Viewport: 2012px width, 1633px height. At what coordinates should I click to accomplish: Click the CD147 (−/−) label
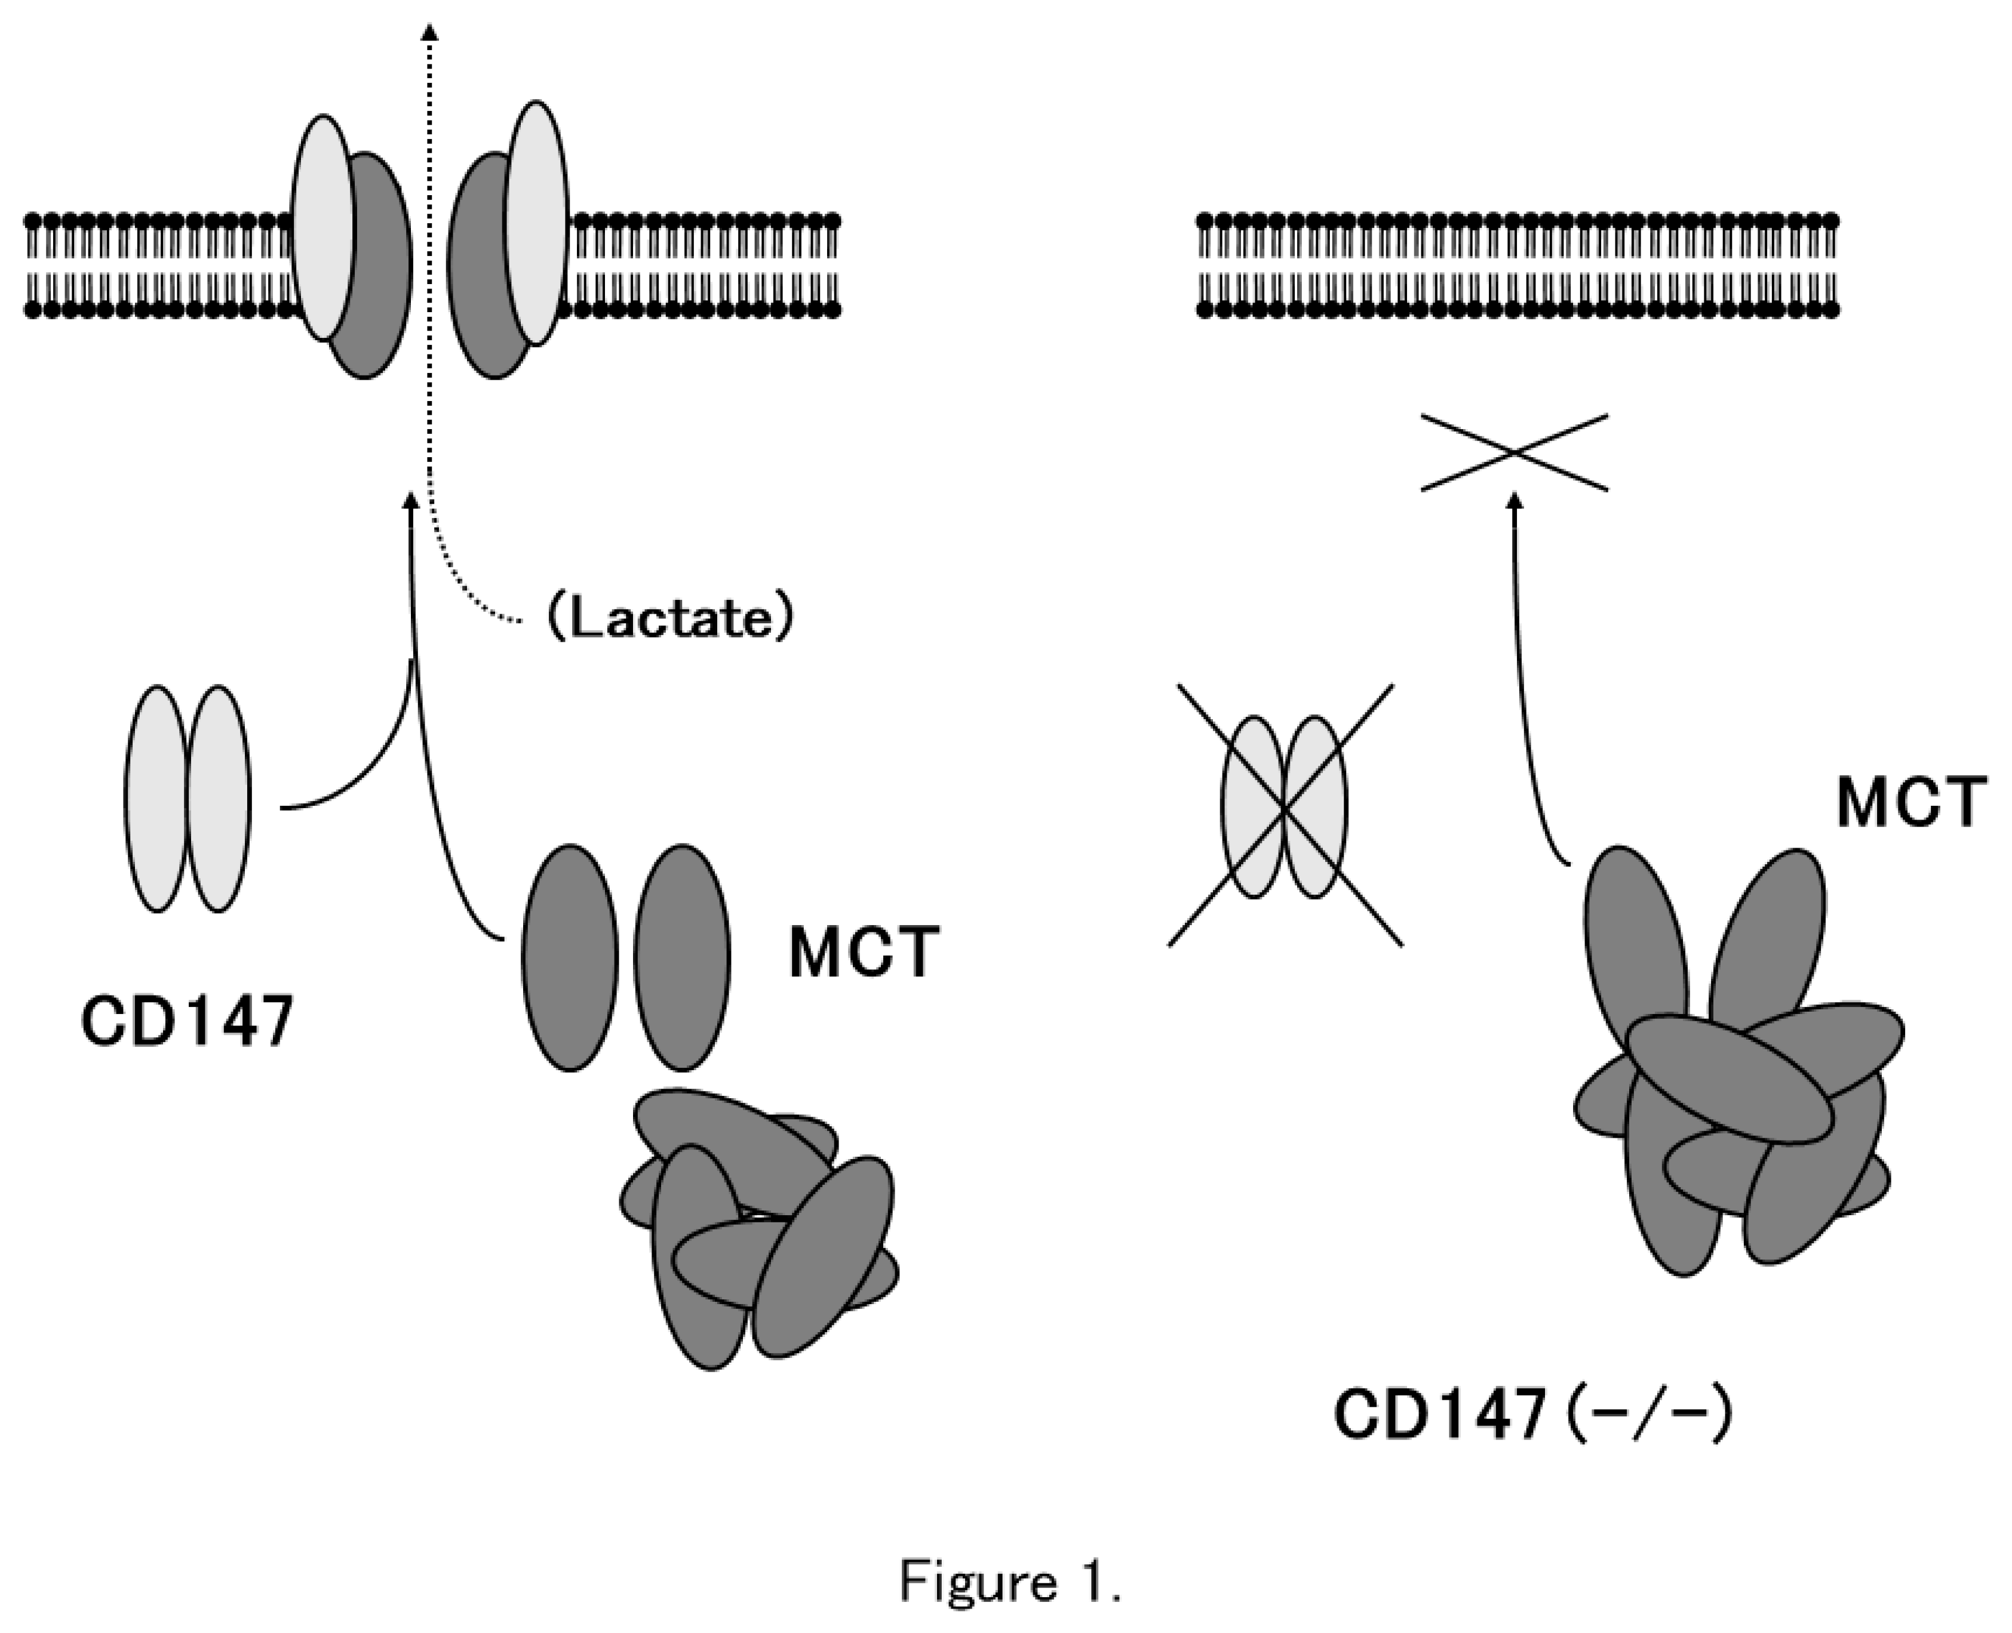point(1531,1414)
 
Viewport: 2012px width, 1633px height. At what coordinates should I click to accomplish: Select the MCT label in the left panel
point(864,953)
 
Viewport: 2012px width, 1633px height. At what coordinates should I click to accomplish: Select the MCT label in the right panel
point(1911,803)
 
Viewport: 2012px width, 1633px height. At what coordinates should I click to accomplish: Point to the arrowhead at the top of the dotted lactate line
point(430,33)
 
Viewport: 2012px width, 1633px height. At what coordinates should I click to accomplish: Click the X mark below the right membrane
point(1513,452)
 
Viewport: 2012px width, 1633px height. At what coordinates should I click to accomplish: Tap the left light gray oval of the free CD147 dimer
point(157,797)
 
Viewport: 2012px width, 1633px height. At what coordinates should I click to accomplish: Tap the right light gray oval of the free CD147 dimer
point(219,797)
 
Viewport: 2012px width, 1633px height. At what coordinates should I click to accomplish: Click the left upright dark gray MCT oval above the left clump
point(570,957)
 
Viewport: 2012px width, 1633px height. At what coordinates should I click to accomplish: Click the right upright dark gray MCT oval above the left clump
point(682,957)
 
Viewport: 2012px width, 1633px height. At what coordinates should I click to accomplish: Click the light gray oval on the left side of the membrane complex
point(322,227)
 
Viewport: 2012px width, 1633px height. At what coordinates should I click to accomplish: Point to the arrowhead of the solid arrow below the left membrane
point(409,500)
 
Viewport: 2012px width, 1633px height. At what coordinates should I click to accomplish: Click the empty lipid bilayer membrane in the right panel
point(1517,265)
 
